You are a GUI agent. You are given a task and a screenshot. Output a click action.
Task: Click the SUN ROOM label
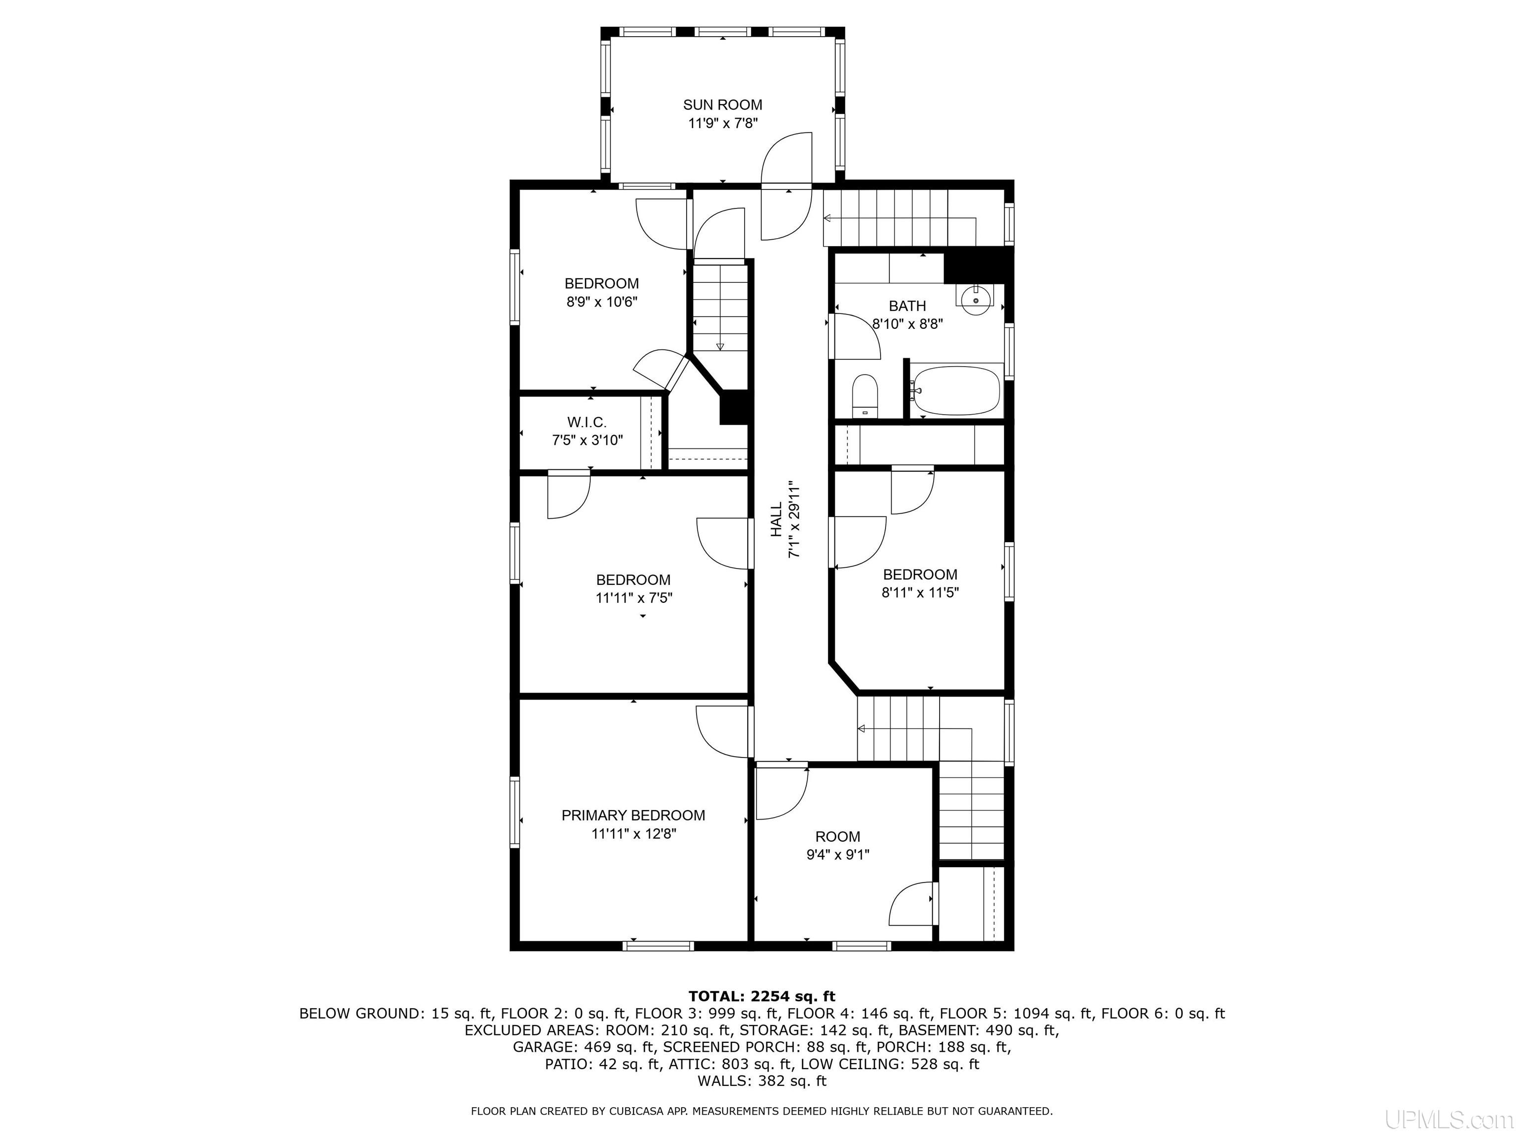tap(722, 105)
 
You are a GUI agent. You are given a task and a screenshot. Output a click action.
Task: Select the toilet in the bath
tap(865, 395)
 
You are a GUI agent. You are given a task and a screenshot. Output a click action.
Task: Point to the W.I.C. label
tap(587, 422)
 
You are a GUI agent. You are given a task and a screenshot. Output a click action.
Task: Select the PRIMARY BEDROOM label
tap(633, 816)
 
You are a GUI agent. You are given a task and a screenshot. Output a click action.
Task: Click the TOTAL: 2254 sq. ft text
tap(762, 996)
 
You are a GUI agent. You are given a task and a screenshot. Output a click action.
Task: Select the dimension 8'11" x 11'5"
tap(920, 592)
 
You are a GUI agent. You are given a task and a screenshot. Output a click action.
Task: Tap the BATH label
tap(907, 306)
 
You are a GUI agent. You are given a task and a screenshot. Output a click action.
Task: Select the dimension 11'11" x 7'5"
tap(634, 598)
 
